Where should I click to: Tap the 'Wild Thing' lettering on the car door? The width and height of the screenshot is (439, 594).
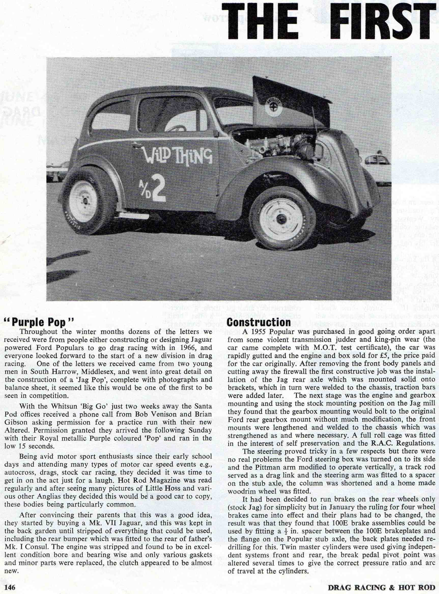pos(178,155)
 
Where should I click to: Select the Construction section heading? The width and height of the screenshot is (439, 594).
pos(259,322)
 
